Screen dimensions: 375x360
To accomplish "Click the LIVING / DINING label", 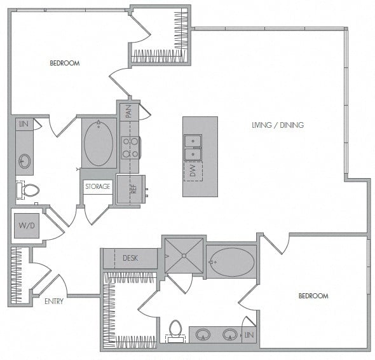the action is point(278,125).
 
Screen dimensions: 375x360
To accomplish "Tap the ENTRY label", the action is point(54,301).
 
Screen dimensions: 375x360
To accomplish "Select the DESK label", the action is point(130,258).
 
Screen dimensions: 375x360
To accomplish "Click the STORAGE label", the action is point(98,186).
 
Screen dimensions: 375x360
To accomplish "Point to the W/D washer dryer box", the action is point(27,226).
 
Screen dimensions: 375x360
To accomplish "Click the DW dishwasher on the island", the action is point(193,171).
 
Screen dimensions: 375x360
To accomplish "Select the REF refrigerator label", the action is point(133,189).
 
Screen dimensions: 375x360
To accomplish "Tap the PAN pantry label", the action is point(128,111).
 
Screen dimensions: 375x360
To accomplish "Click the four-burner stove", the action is point(130,148).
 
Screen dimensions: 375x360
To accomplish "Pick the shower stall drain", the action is point(184,256).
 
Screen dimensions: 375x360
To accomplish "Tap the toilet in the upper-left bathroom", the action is point(28,190).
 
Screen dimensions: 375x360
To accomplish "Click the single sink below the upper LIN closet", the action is point(25,161).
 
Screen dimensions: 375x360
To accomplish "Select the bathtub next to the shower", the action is point(231,262).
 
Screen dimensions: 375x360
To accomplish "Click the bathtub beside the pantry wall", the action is point(99,142).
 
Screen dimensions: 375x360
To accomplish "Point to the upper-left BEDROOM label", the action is point(65,63).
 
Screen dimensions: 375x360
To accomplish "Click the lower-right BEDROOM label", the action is point(313,296).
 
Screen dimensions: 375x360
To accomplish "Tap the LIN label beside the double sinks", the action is point(249,335).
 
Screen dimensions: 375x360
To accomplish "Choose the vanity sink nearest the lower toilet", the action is point(203,335).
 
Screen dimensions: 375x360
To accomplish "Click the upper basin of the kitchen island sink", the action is point(193,141).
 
